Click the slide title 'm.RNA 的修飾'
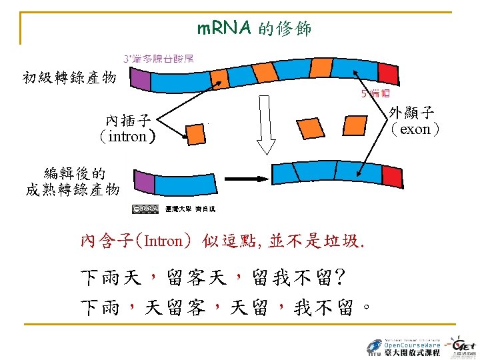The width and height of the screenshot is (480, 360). coord(253,29)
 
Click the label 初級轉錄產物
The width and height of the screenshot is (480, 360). coord(69,78)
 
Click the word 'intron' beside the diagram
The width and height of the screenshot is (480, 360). coord(127,137)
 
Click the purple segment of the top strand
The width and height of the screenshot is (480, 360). coord(141,80)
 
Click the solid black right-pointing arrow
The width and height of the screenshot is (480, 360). coord(247,180)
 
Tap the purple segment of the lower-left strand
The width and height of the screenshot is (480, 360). coord(145,183)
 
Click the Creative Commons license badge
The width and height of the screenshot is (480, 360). coord(145,209)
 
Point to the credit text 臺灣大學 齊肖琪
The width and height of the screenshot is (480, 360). coord(191,209)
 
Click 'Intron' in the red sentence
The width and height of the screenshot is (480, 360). coord(163,241)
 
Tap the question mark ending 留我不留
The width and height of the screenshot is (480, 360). coord(340,275)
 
